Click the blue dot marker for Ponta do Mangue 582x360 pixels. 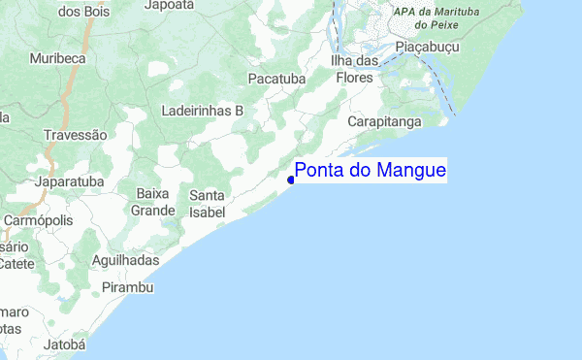pos(291,180)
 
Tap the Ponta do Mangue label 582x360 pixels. pos(370,172)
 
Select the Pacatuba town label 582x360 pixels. pos(275,77)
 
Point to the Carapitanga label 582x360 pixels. pos(385,122)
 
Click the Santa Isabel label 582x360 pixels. pos(208,203)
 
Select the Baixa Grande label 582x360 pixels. pos(154,202)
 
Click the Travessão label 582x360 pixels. pos(76,135)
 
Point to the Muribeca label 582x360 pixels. pos(58,58)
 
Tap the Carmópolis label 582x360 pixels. pos(38,220)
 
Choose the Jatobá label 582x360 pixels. pos(66,344)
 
